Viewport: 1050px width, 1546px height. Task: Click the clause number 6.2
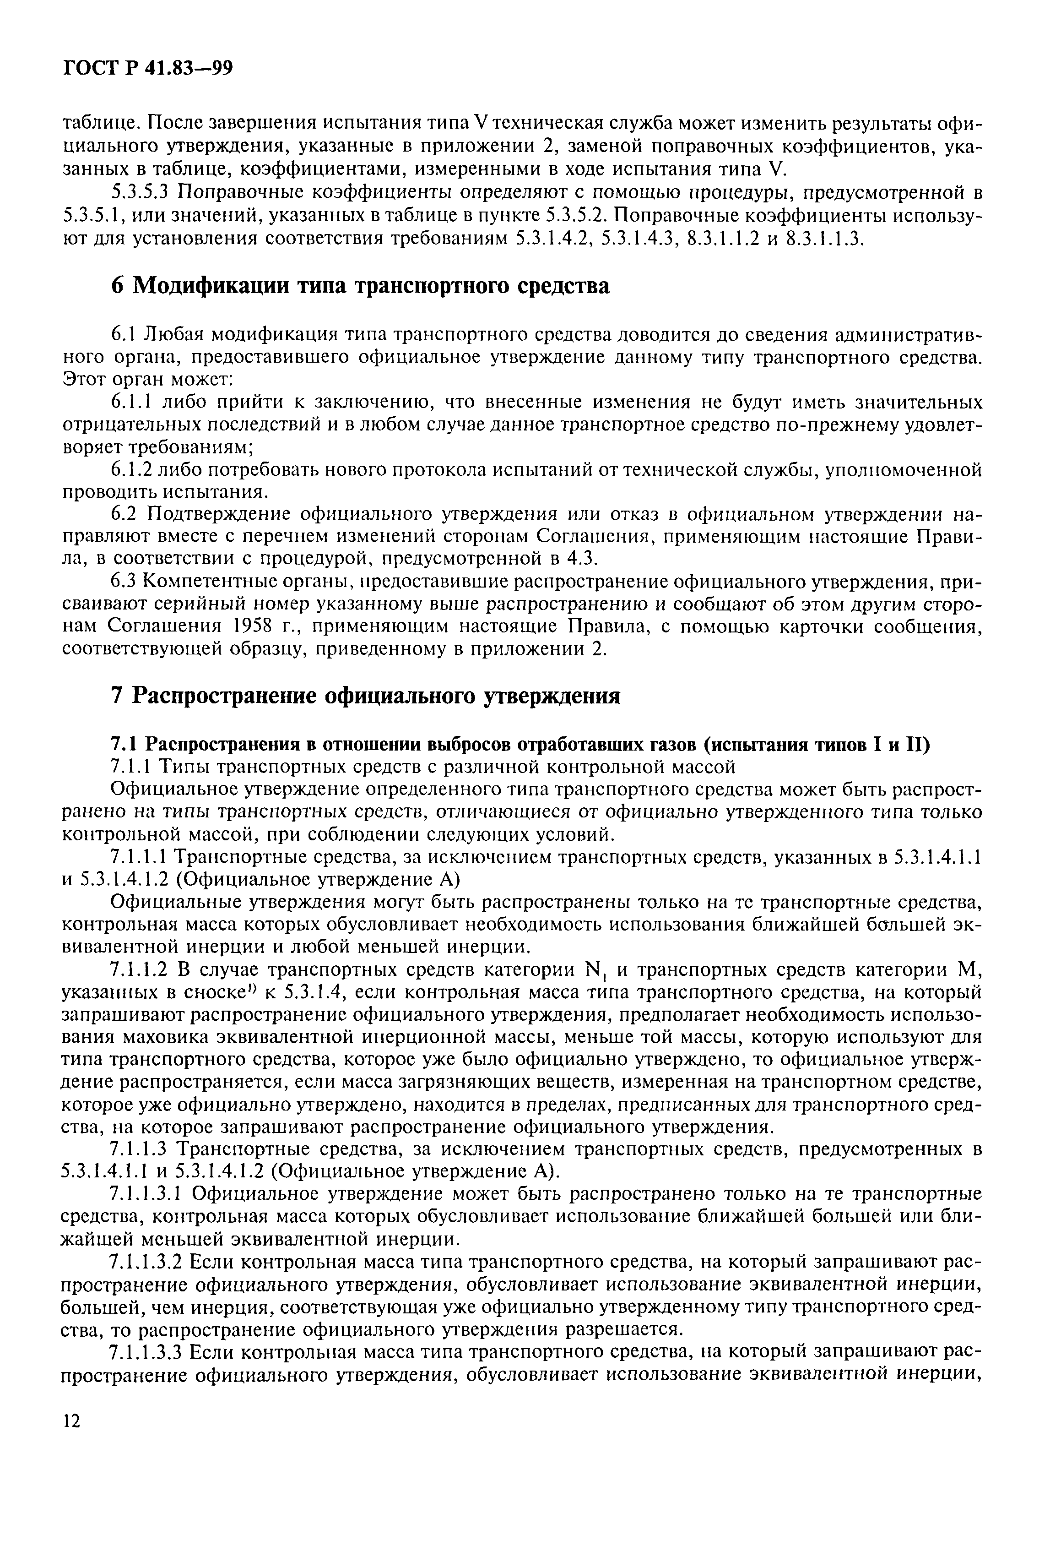click(123, 514)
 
